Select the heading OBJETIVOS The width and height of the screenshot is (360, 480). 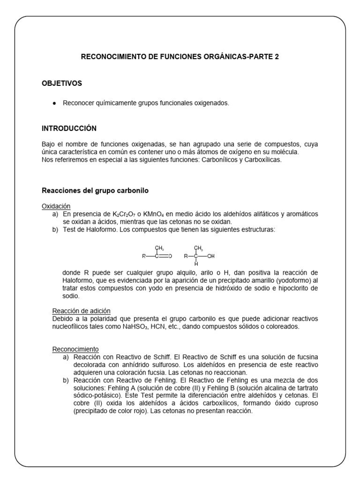(62, 83)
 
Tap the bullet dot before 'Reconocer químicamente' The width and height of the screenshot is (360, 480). (55, 103)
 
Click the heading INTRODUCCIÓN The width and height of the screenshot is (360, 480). (69, 128)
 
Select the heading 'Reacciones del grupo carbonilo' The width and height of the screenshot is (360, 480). (95, 191)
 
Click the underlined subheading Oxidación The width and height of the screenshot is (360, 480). (56, 206)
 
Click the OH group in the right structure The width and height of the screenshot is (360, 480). (210, 256)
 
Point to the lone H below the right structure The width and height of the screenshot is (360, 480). (196, 265)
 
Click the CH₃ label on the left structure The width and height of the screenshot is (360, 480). (159, 248)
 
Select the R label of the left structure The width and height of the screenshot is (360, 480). (144, 256)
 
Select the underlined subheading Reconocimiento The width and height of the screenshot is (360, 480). (75, 349)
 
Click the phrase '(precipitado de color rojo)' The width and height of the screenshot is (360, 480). (111, 411)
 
